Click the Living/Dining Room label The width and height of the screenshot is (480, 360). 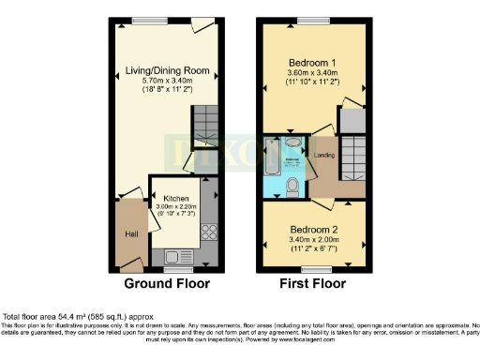click(x=168, y=70)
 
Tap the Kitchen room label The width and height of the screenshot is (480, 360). click(x=176, y=199)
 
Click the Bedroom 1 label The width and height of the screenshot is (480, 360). click(x=313, y=61)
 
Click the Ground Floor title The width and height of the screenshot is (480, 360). click(x=168, y=283)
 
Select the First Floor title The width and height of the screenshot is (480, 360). click(x=313, y=283)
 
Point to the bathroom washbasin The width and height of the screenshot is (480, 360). click(x=293, y=143)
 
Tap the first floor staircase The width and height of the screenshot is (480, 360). click(x=352, y=155)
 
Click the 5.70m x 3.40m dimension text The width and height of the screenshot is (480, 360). click(x=168, y=81)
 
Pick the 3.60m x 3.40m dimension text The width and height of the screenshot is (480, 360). click(x=313, y=71)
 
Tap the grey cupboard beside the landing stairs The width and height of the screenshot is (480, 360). click(x=352, y=120)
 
